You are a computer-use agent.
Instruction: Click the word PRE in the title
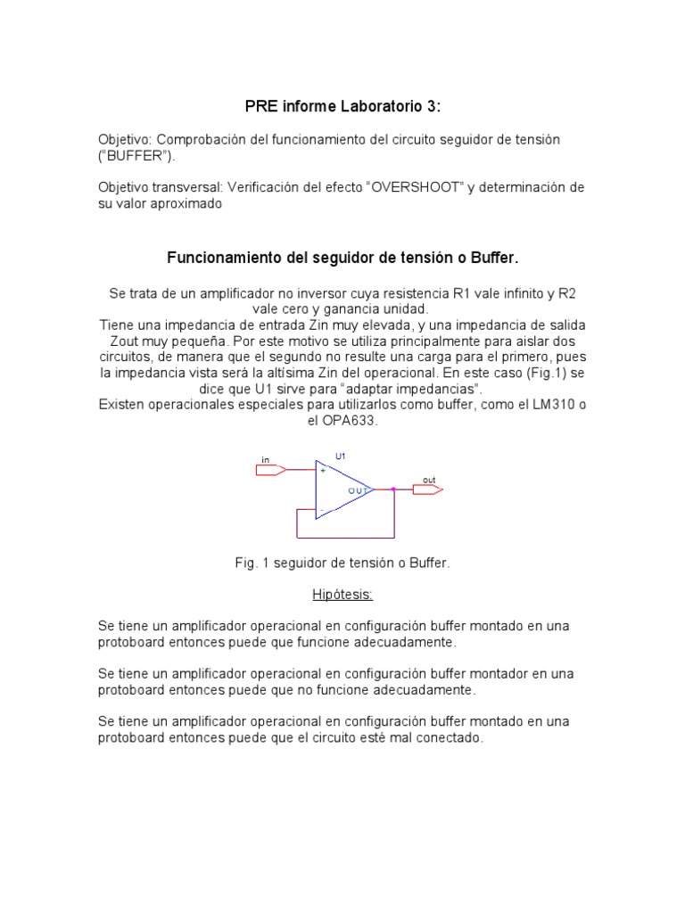pos(260,107)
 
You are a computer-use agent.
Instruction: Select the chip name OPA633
pos(351,422)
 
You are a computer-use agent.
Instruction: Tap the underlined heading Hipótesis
pos(342,594)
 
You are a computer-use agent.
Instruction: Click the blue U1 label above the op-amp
pos(340,456)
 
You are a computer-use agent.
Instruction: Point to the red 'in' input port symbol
pos(270,469)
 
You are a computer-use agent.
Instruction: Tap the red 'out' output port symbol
pos(427,489)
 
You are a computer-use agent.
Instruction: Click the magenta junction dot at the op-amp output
pos(393,489)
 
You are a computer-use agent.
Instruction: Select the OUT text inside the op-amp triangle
pos(359,490)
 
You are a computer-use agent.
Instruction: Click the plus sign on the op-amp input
pos(322,470)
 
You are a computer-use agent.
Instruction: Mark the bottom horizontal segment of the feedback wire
pos(345,538)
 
